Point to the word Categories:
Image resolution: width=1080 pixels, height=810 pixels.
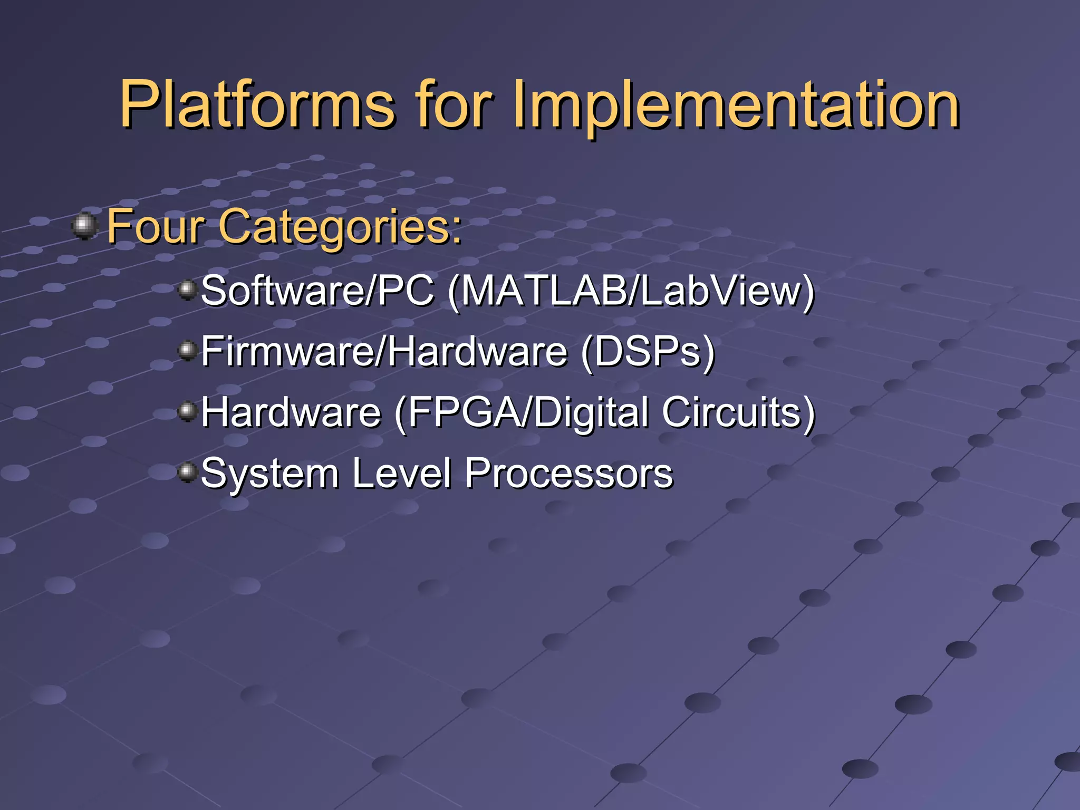coord(340,227)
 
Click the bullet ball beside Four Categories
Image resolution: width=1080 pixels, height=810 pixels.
coord(84,226)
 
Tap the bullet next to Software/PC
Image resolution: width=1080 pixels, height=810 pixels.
coord(187,290)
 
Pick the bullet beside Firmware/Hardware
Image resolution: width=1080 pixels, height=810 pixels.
coord(187,350)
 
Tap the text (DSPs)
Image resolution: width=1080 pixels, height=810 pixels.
coord(648,351)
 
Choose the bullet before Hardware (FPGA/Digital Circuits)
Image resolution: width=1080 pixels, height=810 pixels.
coord(187,411)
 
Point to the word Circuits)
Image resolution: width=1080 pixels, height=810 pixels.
coord(738,412)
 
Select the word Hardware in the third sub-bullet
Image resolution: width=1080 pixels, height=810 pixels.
coord(291,412)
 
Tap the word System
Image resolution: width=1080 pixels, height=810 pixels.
coord(269,474)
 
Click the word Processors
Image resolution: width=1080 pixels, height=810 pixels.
coord(568,474)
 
